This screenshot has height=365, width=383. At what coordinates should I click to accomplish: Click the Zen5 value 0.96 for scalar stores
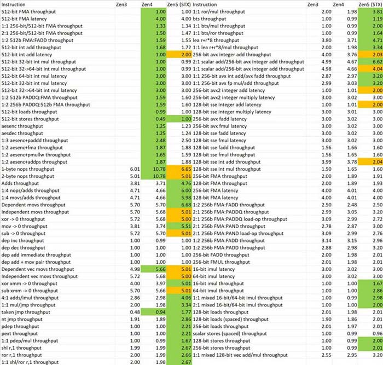(x=375, y=333)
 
